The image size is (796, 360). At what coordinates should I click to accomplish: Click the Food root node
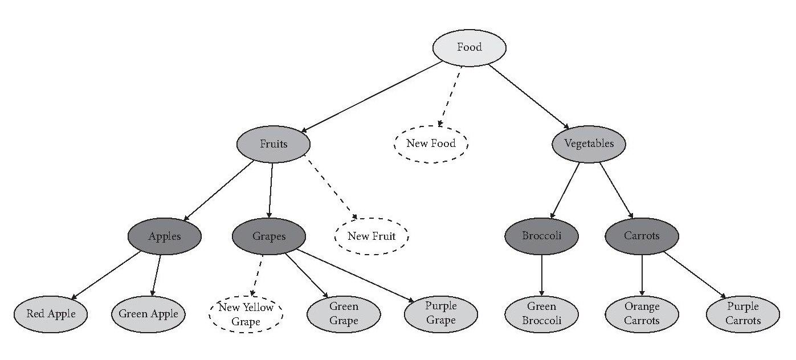pyautogui.click(x=470, y=47)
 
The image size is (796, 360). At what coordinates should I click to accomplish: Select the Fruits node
pyautogui.click(x=274, y=144)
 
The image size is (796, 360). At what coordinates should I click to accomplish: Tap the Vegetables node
pyautogui.click(x=589, y=144)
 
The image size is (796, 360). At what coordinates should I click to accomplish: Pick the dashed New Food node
pyautogui.click(x=431, y=144)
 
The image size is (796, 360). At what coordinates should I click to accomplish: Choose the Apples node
pyautogui.click(x=165, y=236)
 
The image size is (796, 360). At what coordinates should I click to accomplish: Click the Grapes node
pyautogui.click(x=269, y=236)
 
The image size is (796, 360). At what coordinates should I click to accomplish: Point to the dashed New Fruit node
pyautogui.click(x=372, y=236)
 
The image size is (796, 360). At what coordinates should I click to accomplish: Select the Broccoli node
pyautogui.click(x=541, y=236)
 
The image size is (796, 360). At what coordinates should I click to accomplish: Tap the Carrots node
pyautogui.click(x=642, y=236)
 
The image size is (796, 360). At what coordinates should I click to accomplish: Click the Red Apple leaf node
pyautogui.click(x=51, y=313)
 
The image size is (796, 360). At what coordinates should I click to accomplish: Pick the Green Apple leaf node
pyautogui.click(x=148, y=313)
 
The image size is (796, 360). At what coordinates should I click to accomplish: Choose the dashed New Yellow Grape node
pyautogui.click(x=246, y=313)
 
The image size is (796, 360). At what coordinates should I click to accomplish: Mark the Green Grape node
pyautogui.click(x=344, y=313)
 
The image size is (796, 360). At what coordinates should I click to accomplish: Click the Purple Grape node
pyautogui.click(x=441, y=313)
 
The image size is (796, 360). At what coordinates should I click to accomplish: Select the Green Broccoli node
pyautogui.click(x=541, y=313)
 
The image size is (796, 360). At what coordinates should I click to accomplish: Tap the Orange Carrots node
pyautogui.click(x=642, y=313)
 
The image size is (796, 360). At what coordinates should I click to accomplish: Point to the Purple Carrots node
pyautogui.click(x=742, y=313)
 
